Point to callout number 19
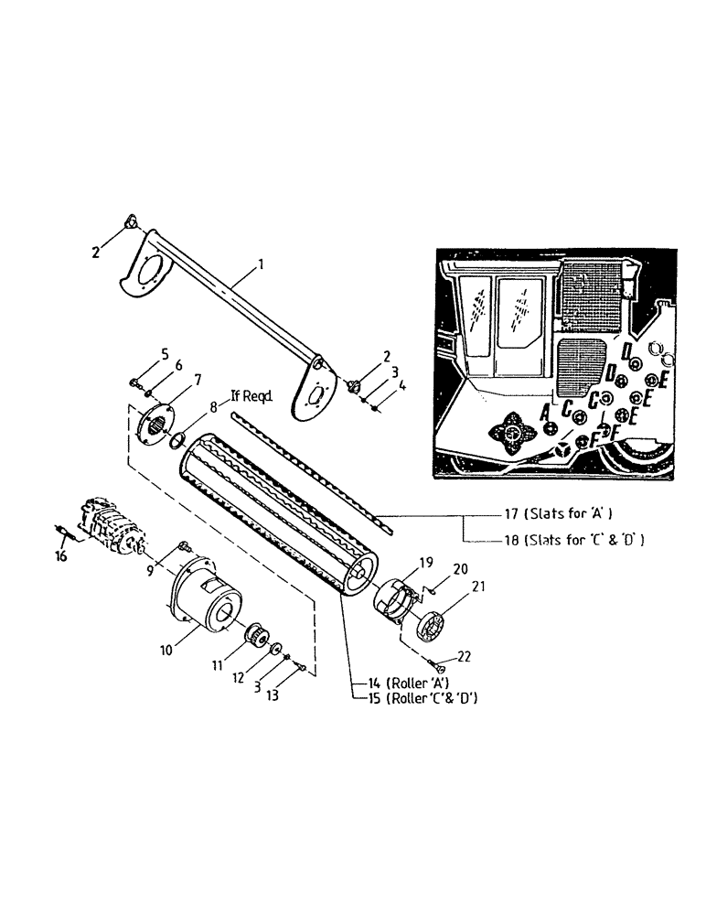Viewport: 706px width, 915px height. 424,563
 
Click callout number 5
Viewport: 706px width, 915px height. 165,352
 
